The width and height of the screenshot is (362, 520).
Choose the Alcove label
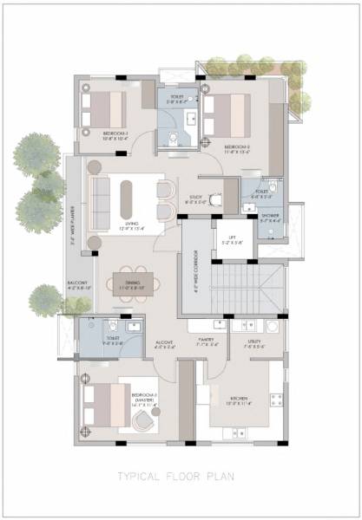pos(165,343)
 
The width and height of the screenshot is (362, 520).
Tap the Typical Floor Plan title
pos(181,475)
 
